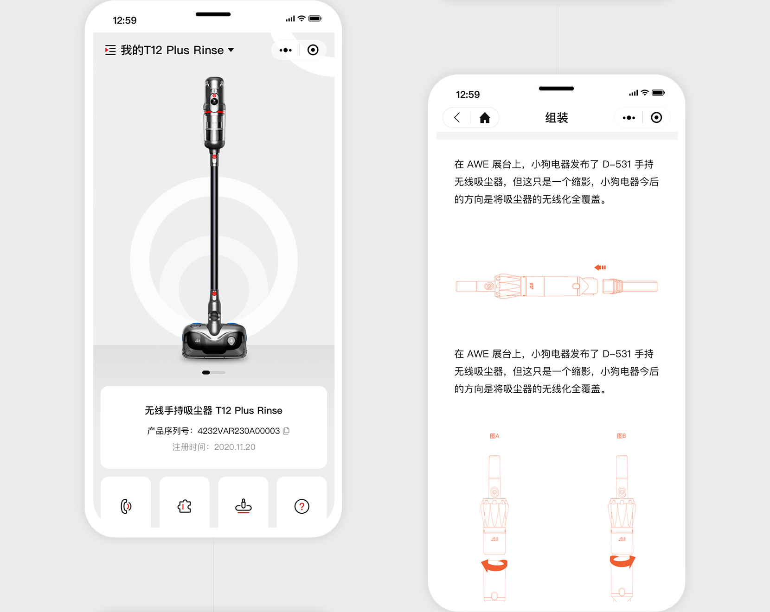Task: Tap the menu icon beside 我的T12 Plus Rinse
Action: tap(110, 50)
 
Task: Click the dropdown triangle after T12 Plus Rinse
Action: tap(231, 50)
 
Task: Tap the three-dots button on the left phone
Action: tap(286, 50)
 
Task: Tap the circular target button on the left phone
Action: tap(313, 50)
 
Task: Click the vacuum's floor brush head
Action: tap(214, 341)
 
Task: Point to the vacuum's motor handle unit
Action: tap(214, 114)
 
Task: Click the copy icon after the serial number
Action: tap(286, 431)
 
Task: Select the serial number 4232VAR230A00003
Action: tap(238, 431)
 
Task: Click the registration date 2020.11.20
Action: tap(235, 447)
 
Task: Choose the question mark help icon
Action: tap(302, 506)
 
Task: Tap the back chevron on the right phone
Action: tap(457, 118)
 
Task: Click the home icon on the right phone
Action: tap(485, 118)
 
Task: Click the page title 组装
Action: tap(557, 118)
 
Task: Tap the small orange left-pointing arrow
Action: tap(600, 268)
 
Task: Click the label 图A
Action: tap(494, 436)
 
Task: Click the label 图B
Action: tap(622, 436)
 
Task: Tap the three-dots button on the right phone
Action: tap(629, 118)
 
